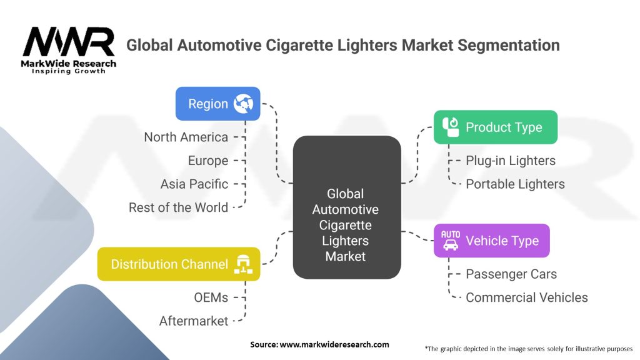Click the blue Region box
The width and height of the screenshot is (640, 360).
[217, 104]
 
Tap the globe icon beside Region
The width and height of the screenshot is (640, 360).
[243, 104]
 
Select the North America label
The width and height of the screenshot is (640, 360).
[186, 137]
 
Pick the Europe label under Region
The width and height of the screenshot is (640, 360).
[208, 161]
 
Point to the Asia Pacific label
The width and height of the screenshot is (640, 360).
[194, 184]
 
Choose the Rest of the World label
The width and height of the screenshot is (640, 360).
[178, 207]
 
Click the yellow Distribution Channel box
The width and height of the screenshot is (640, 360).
[179, 264]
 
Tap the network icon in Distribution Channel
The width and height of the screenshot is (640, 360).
[242, 264]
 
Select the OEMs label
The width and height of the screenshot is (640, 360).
[211, 297]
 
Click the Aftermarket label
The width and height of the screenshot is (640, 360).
[194, 321]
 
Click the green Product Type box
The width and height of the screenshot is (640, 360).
[495, 127]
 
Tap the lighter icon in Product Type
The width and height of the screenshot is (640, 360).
[451, 127]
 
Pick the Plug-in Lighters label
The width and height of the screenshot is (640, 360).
[511, 161]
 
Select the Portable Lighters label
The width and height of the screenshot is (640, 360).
[515, 184]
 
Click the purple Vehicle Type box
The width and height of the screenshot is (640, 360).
[491, 241]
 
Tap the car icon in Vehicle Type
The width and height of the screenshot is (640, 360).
[450, 241]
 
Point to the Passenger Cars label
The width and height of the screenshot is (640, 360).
[511, 274]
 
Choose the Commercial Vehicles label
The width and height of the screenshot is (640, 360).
[527, 297]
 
